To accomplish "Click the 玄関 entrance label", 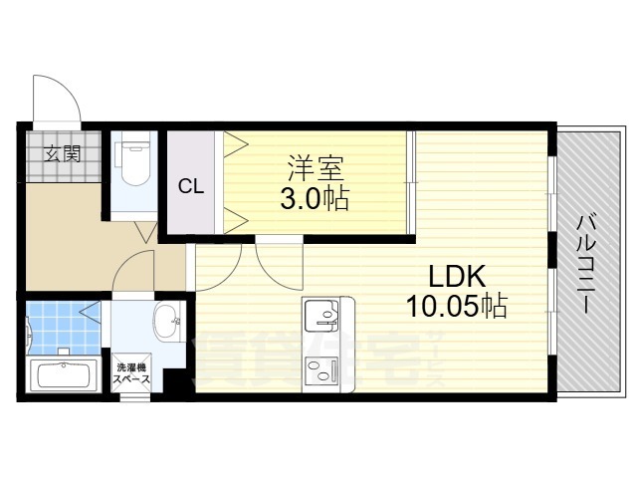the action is point(62,154).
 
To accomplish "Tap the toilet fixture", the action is point(132,163).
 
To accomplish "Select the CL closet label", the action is point(191,186).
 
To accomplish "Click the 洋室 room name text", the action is point(316,168).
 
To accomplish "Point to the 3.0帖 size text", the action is point(315,199).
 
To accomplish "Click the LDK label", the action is point(457,277).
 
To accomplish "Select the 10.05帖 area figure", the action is point(457,307).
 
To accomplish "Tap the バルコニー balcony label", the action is point(586,265).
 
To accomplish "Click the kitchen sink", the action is point(321,315).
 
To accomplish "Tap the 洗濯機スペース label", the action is point(131,373).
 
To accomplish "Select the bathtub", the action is point(64,375).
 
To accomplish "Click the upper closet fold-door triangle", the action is point(236,144).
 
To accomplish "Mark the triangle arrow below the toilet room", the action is point(145,232).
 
